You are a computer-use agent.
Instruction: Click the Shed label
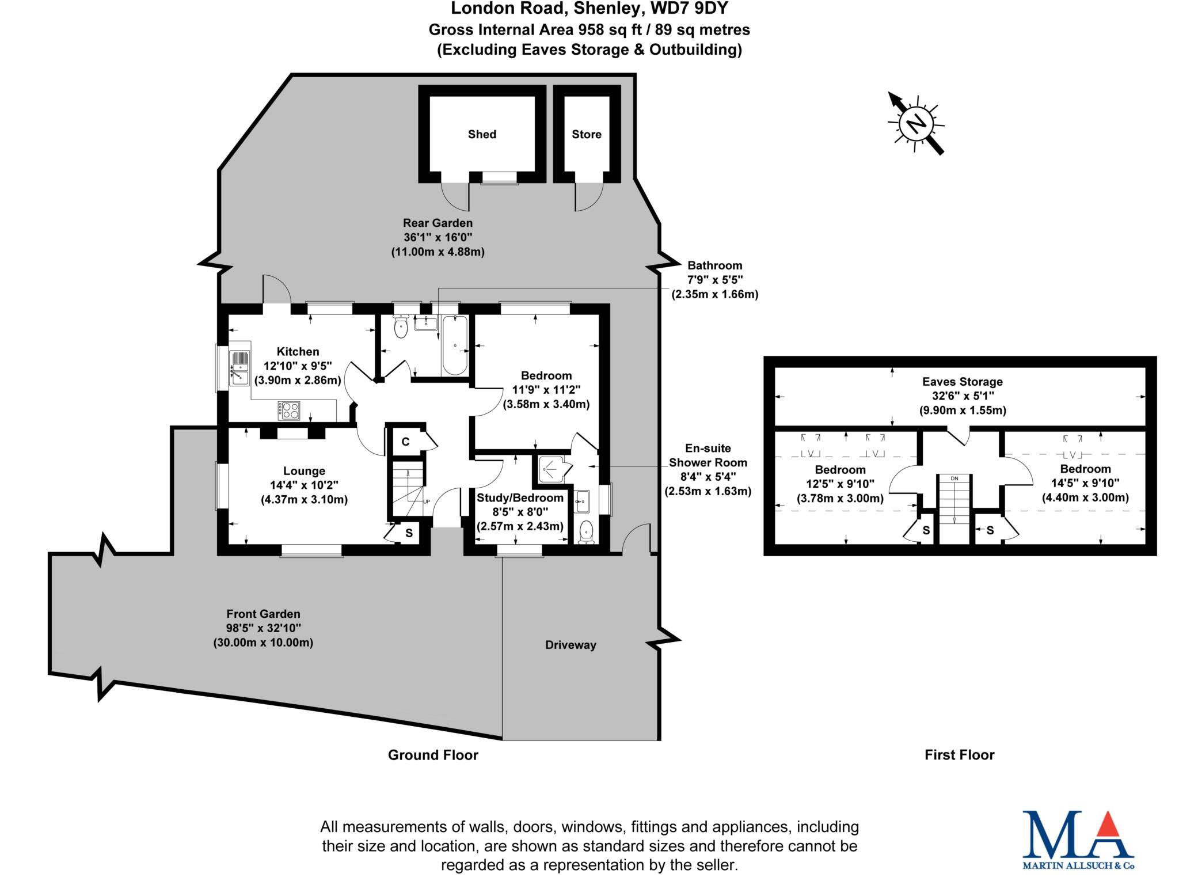pyautogui.click(x=482, y=134)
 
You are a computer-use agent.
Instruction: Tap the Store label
pyautogui.click(x=586, y=134)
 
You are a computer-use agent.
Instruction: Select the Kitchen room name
pyautogui.click(x=298, y=351)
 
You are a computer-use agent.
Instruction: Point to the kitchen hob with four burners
pyautogui.click(x=289, y=409)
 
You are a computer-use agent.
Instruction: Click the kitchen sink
pyautogui.click(x=239, y=368)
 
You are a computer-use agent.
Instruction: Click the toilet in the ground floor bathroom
pyautogui.click(x=401, y=328)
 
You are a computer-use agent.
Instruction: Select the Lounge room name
pyautogui.click(x=304, y=471)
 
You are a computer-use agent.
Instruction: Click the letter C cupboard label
pyautogui.click(x=405, y=442)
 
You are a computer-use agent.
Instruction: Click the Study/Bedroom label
pyautogui.click(x=520, y=497)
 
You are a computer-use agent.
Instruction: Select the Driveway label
pyautogui.click(x=571, y=645)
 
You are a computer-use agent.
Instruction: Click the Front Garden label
pyautogui.click(x=263, y=614)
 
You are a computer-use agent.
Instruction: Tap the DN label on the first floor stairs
pyautogui.click(x=954, y=478)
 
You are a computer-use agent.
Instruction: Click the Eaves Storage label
pyautogui.click(x=962, y=381)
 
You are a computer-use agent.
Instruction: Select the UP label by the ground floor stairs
pyautogui.click(x=427, y=502)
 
